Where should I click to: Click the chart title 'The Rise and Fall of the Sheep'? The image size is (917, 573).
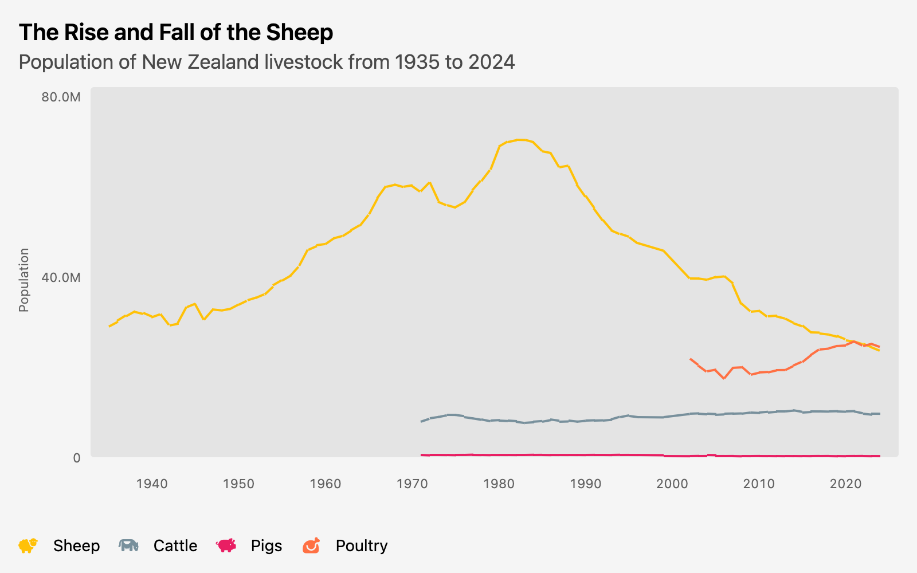176,33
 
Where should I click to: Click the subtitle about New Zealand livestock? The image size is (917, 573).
267,62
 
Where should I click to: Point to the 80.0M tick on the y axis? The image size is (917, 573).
61,97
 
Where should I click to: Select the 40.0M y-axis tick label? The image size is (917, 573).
61,277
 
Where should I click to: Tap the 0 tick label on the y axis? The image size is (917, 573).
77,458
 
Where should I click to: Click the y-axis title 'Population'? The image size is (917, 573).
23,280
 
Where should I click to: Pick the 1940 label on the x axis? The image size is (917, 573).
152,484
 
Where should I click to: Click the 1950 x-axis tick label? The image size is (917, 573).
238,484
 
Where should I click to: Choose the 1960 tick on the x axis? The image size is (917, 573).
325,484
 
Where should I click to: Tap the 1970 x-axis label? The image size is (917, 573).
412,484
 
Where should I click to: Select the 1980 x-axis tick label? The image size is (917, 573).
499,484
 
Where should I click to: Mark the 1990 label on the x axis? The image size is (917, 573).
586,484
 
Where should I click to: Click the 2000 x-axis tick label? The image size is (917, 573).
672,484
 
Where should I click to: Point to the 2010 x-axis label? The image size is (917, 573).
759,484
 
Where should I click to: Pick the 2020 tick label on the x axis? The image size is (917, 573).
846,484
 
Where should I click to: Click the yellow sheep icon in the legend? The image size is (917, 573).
28,545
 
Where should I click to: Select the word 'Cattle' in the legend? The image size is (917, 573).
175,545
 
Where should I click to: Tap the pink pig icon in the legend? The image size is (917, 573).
226,545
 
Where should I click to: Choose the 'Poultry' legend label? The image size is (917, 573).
362,545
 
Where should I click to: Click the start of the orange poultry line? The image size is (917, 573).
691,359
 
